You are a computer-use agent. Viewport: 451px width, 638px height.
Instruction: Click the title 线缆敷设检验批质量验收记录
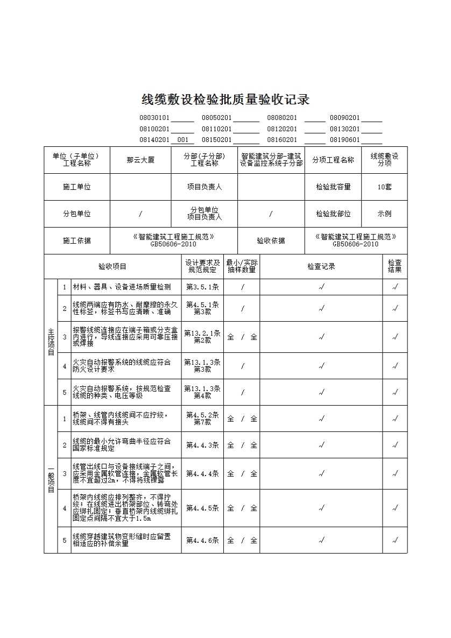(225, 100)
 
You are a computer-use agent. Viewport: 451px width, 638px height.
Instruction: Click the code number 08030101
(154, 118)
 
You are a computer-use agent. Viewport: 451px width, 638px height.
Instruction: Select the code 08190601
(344, 140)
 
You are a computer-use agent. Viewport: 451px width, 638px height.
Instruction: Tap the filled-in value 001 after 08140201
(182, 140)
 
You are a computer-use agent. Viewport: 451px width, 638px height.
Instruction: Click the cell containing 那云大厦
(140, 160)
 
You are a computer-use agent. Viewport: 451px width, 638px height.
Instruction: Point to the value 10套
(384, 187)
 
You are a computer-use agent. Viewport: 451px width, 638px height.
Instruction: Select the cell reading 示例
(384, 214)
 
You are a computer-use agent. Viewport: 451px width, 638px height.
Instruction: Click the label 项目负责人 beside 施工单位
(204, 187)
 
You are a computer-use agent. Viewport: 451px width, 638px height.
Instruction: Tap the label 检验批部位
(333, 214)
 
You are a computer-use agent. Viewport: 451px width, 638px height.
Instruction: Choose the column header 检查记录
(321, 266)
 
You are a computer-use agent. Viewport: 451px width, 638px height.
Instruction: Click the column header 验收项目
(112, 266)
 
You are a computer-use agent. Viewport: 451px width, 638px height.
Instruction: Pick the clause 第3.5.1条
(202, 287)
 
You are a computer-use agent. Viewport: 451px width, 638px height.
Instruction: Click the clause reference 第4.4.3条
(202, 445)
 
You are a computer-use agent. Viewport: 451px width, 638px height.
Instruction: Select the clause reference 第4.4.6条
(202, 540)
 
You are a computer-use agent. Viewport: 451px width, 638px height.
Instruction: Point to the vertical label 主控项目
(51, 342)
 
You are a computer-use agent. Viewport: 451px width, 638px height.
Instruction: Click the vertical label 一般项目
(51, 479)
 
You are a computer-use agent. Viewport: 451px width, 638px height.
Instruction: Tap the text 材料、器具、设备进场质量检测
(122, 287)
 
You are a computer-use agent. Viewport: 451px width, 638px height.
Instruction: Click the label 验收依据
(271, 240)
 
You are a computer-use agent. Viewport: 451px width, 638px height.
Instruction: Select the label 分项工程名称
(333, 160)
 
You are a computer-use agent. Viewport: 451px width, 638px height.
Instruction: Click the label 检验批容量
(333, 187)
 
